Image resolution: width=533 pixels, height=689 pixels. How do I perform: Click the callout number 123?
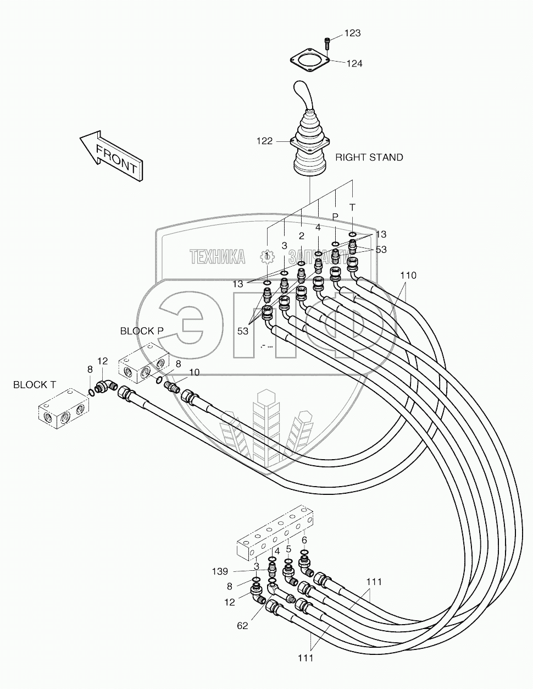[352, 34]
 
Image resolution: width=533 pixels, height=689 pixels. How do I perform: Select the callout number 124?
[354, 63]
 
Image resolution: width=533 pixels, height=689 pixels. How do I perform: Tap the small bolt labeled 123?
[327, 41]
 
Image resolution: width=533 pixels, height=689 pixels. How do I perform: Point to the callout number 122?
[264, 141]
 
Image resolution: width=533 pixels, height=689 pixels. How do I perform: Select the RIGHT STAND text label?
[369, 157]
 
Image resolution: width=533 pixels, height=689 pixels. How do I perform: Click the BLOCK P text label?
[142, 330]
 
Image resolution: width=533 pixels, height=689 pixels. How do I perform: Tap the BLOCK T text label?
[34, 384]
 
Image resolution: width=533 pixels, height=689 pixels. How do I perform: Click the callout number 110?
[408, 275]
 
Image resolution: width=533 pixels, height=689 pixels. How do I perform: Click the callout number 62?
[242, 625]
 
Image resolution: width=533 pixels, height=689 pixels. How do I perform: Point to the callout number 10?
[194, 372]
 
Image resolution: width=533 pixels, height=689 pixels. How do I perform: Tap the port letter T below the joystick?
[352, 207]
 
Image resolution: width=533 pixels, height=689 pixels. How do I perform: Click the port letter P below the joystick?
[335, 216]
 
